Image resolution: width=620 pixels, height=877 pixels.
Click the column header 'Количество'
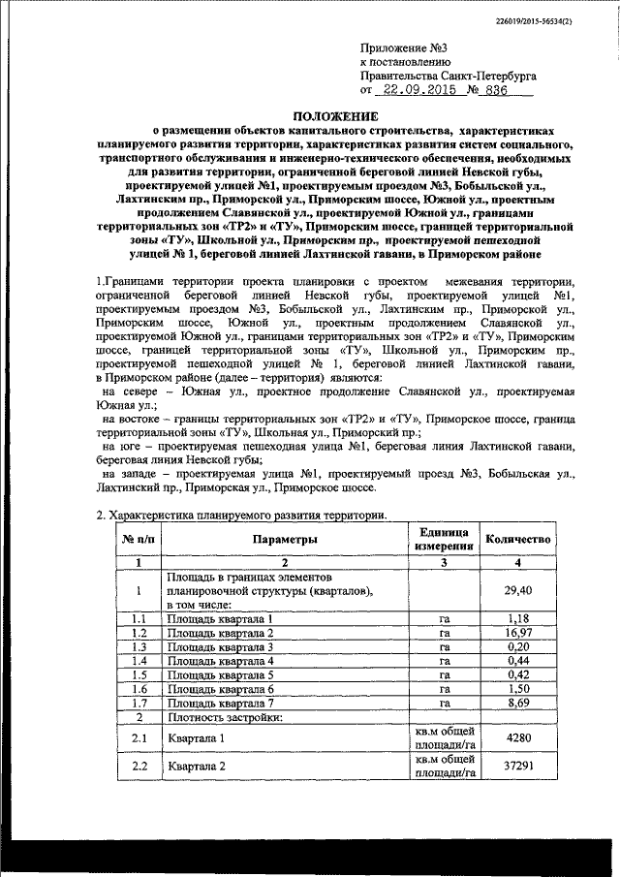518,539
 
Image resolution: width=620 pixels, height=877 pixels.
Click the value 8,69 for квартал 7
518,705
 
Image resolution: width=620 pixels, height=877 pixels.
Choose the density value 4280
518,739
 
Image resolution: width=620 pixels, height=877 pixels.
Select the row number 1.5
139,675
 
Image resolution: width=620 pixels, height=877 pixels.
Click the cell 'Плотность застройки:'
224,719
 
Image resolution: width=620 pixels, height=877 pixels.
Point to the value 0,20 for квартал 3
518,646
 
